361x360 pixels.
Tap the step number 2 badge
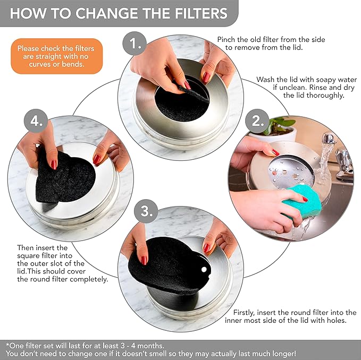click(x=257, y=121)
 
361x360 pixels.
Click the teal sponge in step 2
click(x=301, y=204)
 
